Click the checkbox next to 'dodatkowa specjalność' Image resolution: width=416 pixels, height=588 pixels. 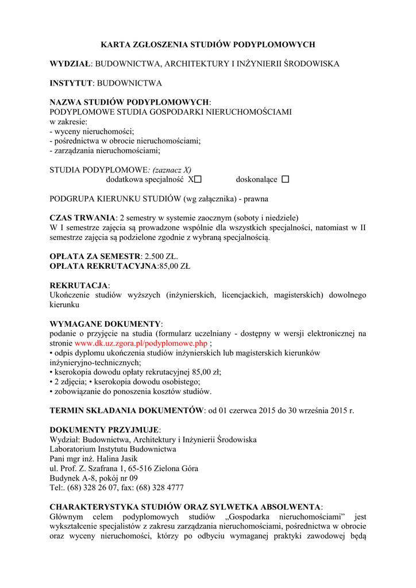198,180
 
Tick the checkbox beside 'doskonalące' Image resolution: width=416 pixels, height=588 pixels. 286,180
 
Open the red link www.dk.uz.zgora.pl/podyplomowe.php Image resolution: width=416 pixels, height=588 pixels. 141,343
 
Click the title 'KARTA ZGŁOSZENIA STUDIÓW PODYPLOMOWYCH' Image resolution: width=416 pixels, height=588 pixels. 208,44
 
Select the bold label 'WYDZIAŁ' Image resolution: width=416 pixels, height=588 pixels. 71,64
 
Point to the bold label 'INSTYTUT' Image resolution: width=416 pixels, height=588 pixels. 71,83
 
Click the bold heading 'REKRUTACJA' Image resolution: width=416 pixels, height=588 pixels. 79,285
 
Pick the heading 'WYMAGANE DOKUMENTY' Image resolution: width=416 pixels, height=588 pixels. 105,324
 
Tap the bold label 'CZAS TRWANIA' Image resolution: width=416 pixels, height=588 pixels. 82,218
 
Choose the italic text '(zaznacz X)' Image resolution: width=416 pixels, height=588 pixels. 172,170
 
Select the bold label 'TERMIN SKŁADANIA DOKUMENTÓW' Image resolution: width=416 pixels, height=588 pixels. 126,411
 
